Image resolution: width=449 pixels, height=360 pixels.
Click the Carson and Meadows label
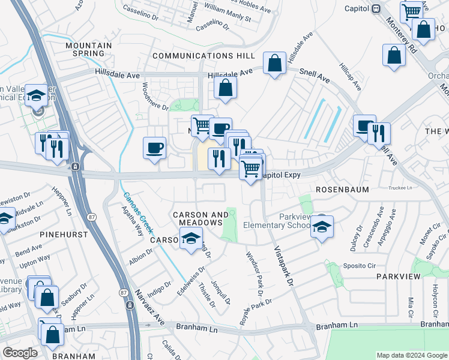pyautogui.click(x=200, y=218)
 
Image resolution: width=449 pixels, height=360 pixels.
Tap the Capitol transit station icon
pyautogui.click(x=376, y=8)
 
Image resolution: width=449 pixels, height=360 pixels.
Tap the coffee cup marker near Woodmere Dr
pyautogui.click(x=154, y=148)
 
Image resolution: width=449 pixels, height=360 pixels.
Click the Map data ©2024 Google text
pyautogui.click(x=412, y=355)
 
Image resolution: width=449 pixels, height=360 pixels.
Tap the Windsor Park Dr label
pyautogui.click(x=254, y=273)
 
